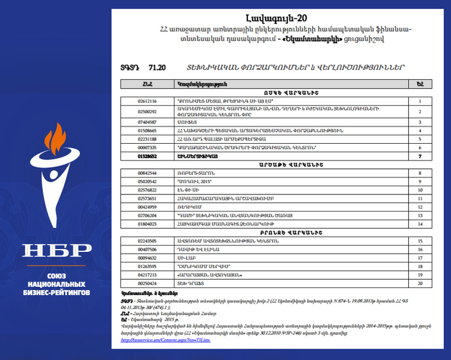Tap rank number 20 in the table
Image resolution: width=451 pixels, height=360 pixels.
[x=419, y=283]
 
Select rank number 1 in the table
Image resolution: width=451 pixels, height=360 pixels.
[x=419, y=101]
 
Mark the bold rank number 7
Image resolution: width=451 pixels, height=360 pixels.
[x=419, y=155]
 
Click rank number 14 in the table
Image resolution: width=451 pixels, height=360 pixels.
[x=419, y=224]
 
